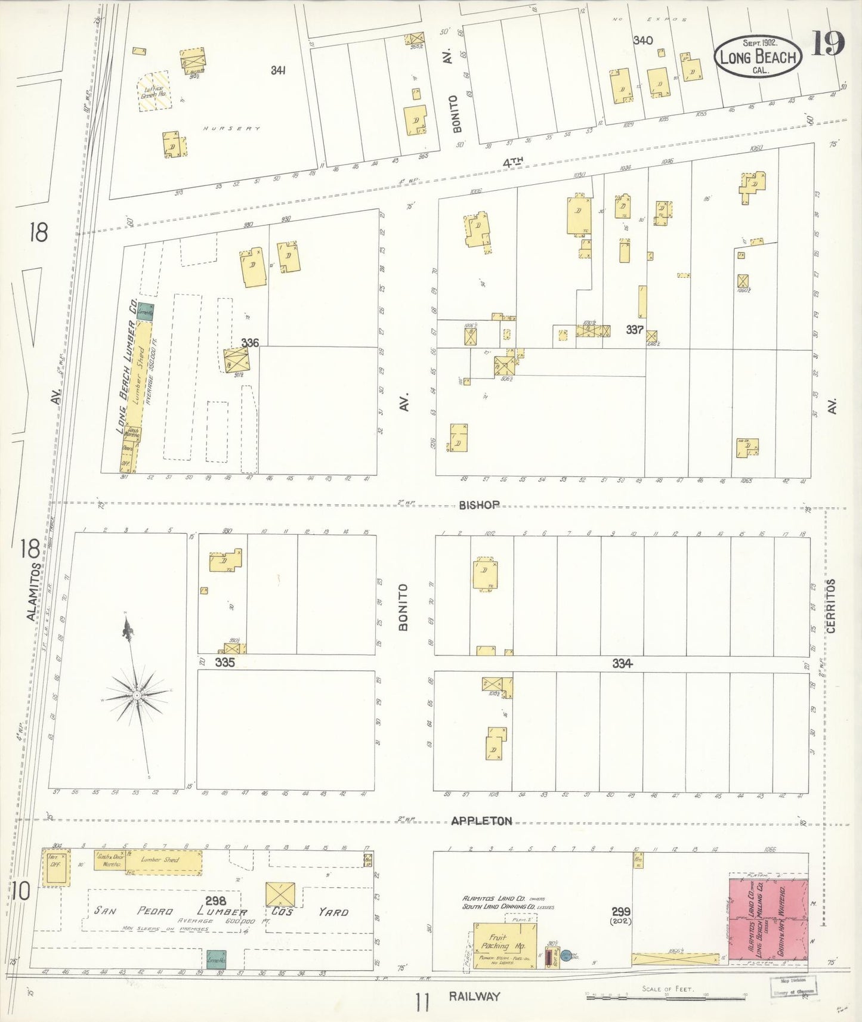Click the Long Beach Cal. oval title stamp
pyautogui.click(x=758, y=57)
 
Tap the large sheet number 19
pyautogui.click(x=828, y=43)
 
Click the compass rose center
pyautogui.click(x=137, y=695)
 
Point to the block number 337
pyautogui.click(x=634, y=329)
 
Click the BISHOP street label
pyautogui.click(x=479, y=505)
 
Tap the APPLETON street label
pyautogui.click(x=481, y=821)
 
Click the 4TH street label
pyautogui.click(x=512, y=162)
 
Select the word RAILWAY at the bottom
pyautogui.click(x=475, y=996)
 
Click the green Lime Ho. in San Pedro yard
pyautogui.click(x=216, y=959)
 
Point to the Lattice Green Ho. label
pyautogui.click(x=153, y=91)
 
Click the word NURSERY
pyautogui.click(x=231, y=128)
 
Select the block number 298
pyautogui.click(x=215, y=901)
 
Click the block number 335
pyautogui.click(x=224, y=662)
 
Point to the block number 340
pyautogui.click(x=642, y=41)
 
